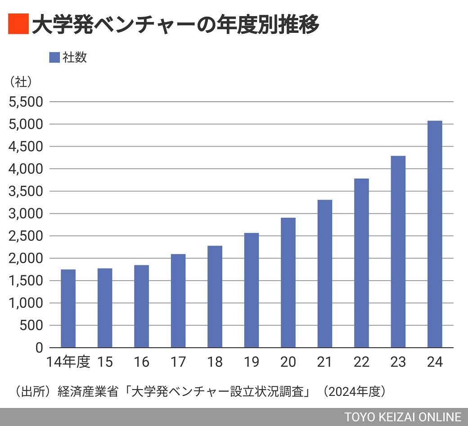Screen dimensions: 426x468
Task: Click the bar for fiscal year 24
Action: [435, 234]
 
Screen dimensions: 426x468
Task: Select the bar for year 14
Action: [68, 309]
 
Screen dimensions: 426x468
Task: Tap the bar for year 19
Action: [252, 290]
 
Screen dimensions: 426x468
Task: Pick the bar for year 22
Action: [361, 263]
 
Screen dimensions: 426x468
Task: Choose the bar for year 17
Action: [178, 301]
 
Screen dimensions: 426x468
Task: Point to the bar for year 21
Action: [324, 274]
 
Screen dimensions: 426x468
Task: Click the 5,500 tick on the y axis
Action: [26, 102]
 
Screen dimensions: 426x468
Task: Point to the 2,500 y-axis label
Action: [26, 236]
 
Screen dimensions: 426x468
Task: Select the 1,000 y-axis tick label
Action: [26, 303]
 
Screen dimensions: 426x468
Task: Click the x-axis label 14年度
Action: [69, 362]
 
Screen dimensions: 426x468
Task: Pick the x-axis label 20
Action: [288, 362]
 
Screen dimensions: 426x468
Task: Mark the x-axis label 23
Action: [398, 362]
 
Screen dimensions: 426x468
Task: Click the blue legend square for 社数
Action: [54, 58]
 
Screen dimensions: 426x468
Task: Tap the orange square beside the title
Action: [18, 24]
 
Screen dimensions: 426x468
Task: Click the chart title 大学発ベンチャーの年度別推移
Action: [175, 24]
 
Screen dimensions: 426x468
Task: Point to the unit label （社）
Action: [20, 82]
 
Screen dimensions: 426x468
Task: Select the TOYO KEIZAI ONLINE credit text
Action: [403, 417]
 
